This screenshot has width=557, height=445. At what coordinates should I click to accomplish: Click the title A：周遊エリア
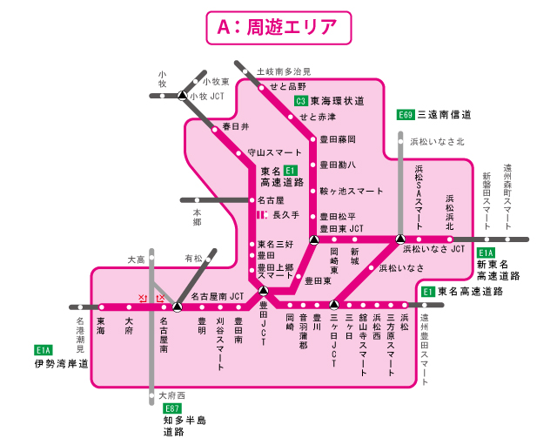(278, 26)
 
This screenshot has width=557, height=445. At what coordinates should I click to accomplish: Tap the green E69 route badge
(405, 114)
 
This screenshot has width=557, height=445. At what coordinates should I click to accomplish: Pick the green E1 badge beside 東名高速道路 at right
(427, 292)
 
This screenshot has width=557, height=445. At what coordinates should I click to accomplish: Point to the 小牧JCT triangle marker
(181, 96)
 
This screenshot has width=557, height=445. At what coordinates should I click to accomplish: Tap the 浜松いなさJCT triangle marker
(400, 239)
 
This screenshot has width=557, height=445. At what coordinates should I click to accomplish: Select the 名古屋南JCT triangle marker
(177, 307)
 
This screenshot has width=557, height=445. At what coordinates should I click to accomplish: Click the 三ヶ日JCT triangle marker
(333, 307)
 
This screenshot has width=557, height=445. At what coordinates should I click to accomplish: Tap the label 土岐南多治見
(283, 71)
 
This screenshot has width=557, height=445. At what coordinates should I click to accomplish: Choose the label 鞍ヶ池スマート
(351, 191)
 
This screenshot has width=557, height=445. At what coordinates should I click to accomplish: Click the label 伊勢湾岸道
(62, 362)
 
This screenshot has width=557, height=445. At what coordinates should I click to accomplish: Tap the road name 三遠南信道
(445, 114)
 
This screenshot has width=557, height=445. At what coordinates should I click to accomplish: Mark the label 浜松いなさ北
(437, 141)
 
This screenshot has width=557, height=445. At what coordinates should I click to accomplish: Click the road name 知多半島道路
(185, 426)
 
